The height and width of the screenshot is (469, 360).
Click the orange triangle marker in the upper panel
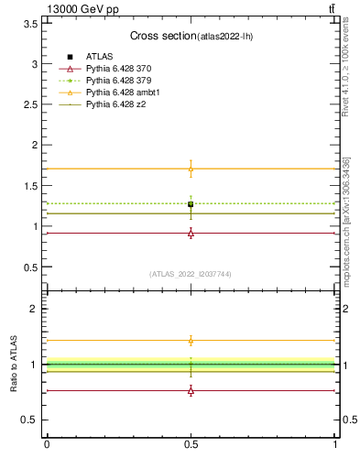click(x=191, y=169)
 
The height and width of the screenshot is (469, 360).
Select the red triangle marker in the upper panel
click(x=191, y=233)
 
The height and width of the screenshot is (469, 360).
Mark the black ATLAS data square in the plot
click(x=191, y=204)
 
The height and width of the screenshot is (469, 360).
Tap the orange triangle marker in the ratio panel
click(x=191, y=341)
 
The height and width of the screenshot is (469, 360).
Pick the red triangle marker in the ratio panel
click(x=191, y=390)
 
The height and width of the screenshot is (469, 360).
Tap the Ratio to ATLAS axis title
click(x=15, y=363)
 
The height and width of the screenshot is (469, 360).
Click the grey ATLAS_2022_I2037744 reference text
click(x=191, y=274)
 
